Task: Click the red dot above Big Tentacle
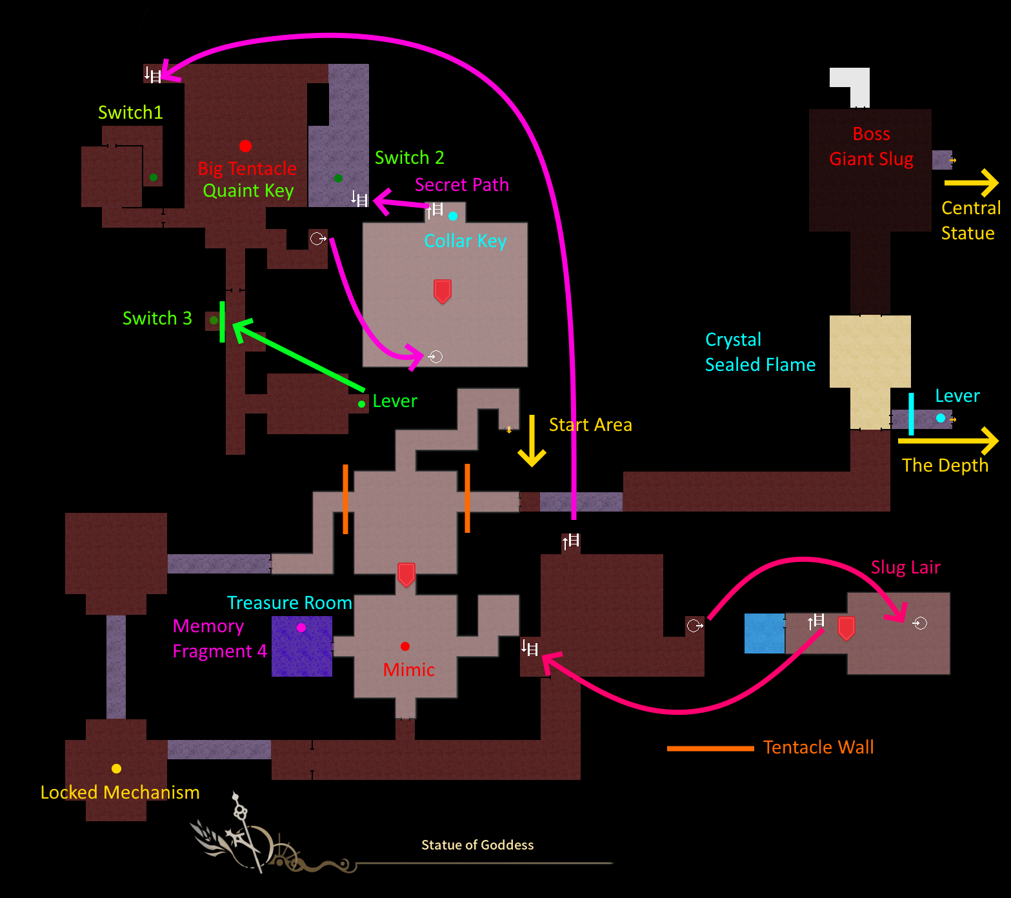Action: (x=245, y=146)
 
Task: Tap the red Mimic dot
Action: (x=405, y=646)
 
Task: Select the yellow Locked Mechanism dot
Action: (x=116, y=768)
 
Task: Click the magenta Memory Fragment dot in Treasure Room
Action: (x=301, y=627)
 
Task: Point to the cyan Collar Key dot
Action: (x=453, y=216)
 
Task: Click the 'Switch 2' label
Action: (x=409, y=157)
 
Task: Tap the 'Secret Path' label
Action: (x=461, y=185)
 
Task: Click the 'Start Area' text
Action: (x=590, y=424)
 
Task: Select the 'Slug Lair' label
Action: (x=905, y=567)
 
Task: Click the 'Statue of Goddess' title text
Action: (x=477, y=845)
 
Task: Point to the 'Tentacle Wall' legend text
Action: (x=818, y=747)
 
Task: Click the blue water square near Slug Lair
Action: (x=764, y=634)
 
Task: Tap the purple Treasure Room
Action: (x=302, y=647)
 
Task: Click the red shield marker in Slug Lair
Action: (x=846, y=627)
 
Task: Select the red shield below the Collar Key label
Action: (x=442, y=291)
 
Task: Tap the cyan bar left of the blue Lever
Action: (x=911, y=414)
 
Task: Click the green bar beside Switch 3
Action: (x=222, y=321)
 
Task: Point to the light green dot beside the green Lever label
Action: (x=361, y=404)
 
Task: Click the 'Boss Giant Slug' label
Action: (x=871, y=146)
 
